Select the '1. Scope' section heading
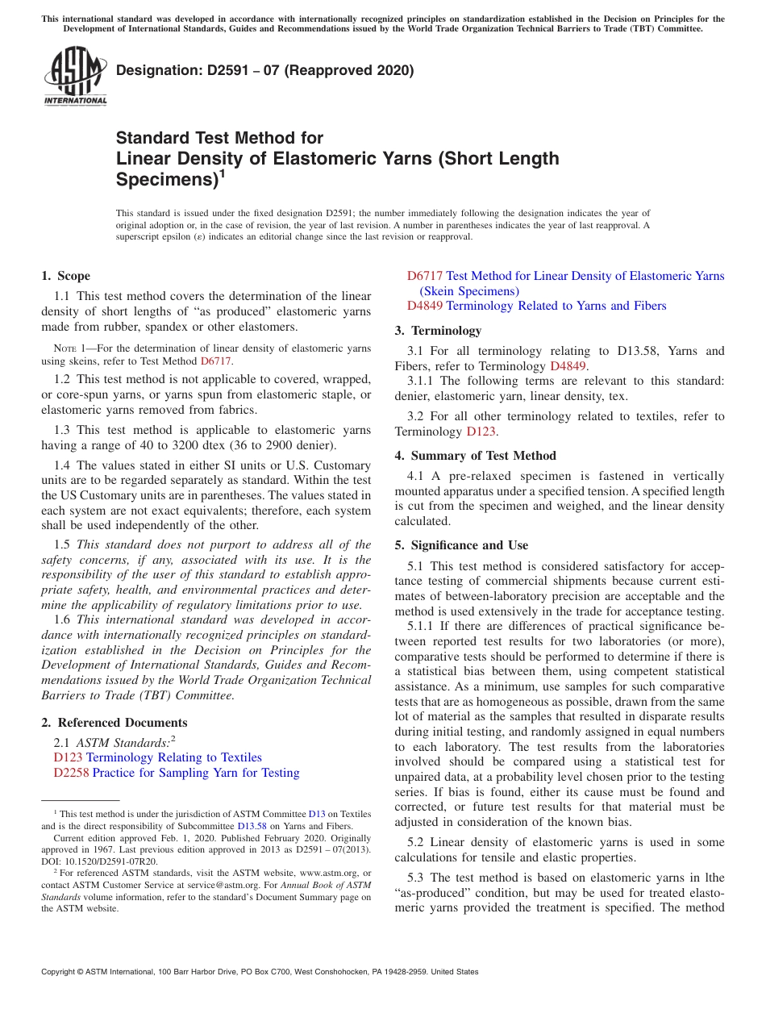[x=66, y=276]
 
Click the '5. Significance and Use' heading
[x=461, y=545]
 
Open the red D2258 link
[x=71, y=773]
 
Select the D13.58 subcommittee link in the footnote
[x=252, y=826]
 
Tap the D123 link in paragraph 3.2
[x=481, y=432]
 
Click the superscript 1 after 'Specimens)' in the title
[x=222, y=173]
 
